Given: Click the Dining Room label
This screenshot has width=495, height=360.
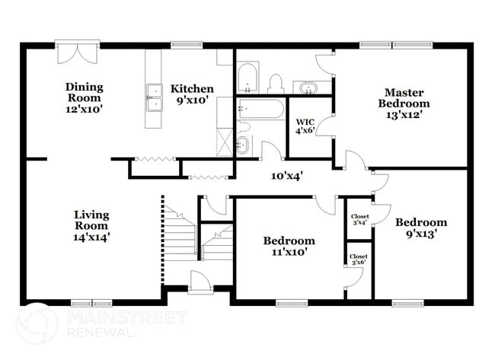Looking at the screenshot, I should [x=84, y=98].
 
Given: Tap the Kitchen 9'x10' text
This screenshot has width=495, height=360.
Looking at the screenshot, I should [x=191, y=94].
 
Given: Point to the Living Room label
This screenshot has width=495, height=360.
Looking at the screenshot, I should [x=91, y=225].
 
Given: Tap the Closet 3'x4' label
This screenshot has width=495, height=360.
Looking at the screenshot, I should [x=359, y=220].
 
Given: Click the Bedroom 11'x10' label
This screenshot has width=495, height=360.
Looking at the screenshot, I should [x=289, y=247].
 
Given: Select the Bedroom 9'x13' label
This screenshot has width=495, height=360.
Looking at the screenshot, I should [x=420, y=228].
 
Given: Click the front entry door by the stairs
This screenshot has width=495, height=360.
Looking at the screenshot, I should [x=200, y=282].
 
